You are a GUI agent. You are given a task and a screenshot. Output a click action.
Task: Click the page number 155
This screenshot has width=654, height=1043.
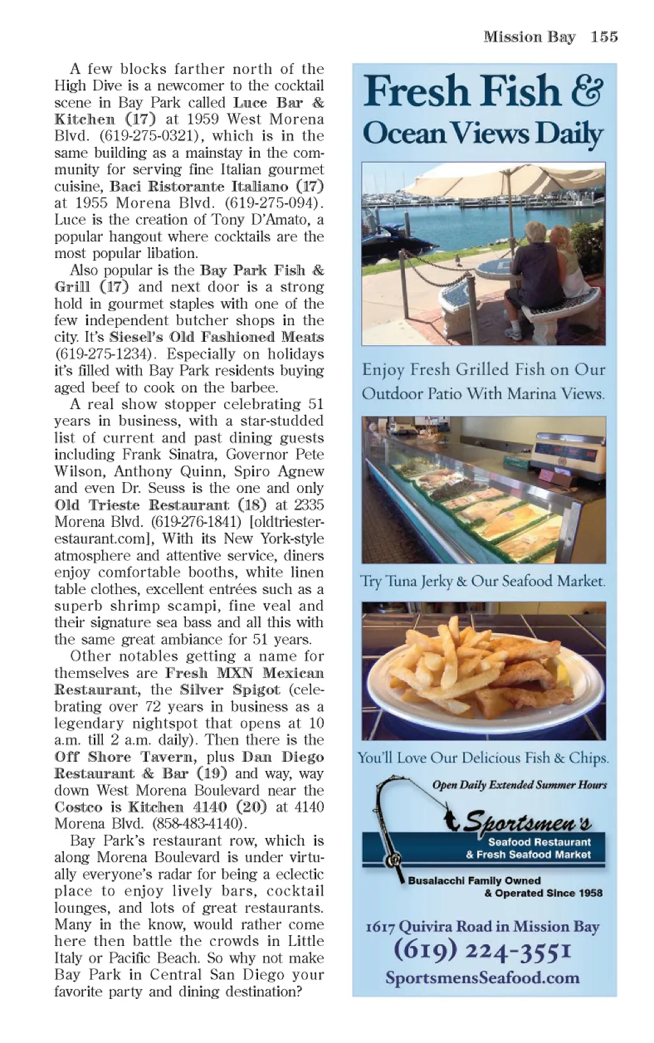[604, 37]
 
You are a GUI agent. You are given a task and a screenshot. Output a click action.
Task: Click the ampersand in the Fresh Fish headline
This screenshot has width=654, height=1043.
[586, 91]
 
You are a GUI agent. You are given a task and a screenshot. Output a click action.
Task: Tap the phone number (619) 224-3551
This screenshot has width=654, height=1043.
[482, 951]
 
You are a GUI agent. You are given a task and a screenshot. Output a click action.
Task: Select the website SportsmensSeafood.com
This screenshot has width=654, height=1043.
[482, 978]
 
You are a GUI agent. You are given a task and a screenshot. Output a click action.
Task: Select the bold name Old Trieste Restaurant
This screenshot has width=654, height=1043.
[142, 505]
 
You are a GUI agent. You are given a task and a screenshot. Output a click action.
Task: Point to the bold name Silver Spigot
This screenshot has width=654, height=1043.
[230, 690]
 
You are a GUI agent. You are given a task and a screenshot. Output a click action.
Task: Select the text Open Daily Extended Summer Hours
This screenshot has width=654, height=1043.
[519, 785]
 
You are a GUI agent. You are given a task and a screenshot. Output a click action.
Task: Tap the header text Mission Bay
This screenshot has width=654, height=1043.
[529, 37]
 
